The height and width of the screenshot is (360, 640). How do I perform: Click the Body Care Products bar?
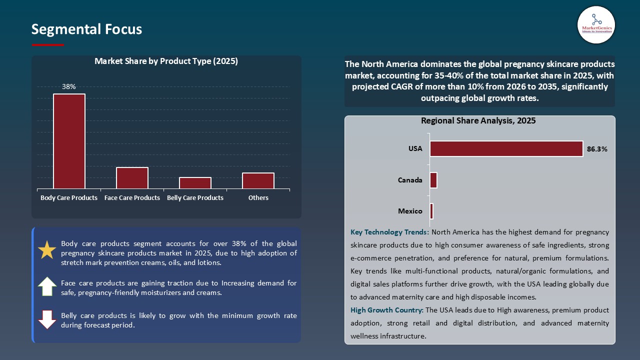[x=69, y=141]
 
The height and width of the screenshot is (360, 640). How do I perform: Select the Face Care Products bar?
[x=132, y=178]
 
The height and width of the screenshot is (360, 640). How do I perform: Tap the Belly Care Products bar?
[x=195, y=183]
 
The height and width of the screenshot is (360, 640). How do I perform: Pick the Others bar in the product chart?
[x=258, y=180]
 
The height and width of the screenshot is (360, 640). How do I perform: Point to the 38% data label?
[x=69, y=86]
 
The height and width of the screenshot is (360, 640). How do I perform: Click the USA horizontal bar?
[x=506, y=148]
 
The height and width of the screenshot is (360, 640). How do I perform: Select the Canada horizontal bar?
[x=433, y=180]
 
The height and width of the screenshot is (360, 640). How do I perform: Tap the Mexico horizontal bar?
[x=431, y=211]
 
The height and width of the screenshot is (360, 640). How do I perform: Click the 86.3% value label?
[x=597, y=149]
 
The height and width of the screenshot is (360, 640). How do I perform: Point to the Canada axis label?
[x=410, y=180]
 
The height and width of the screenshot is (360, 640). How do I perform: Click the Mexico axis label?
[x=410, y=211]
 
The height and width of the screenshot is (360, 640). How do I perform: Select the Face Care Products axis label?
[x=132, y=198]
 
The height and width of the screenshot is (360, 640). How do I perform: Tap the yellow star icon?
[x=47, y=249]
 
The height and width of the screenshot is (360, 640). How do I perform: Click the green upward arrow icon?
[x=47, y=286]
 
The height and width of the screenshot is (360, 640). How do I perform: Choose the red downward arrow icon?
[x=47, y=319]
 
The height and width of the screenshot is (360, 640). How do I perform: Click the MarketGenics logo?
[x=596, y=25]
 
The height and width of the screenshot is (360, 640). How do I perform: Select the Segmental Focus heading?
[x=86, y=29]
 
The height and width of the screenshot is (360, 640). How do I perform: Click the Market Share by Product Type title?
[x=166, y=61]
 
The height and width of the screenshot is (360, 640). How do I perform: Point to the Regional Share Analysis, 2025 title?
[x=478, y=121]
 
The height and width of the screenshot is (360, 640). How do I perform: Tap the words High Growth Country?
[x=386, y=310]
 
